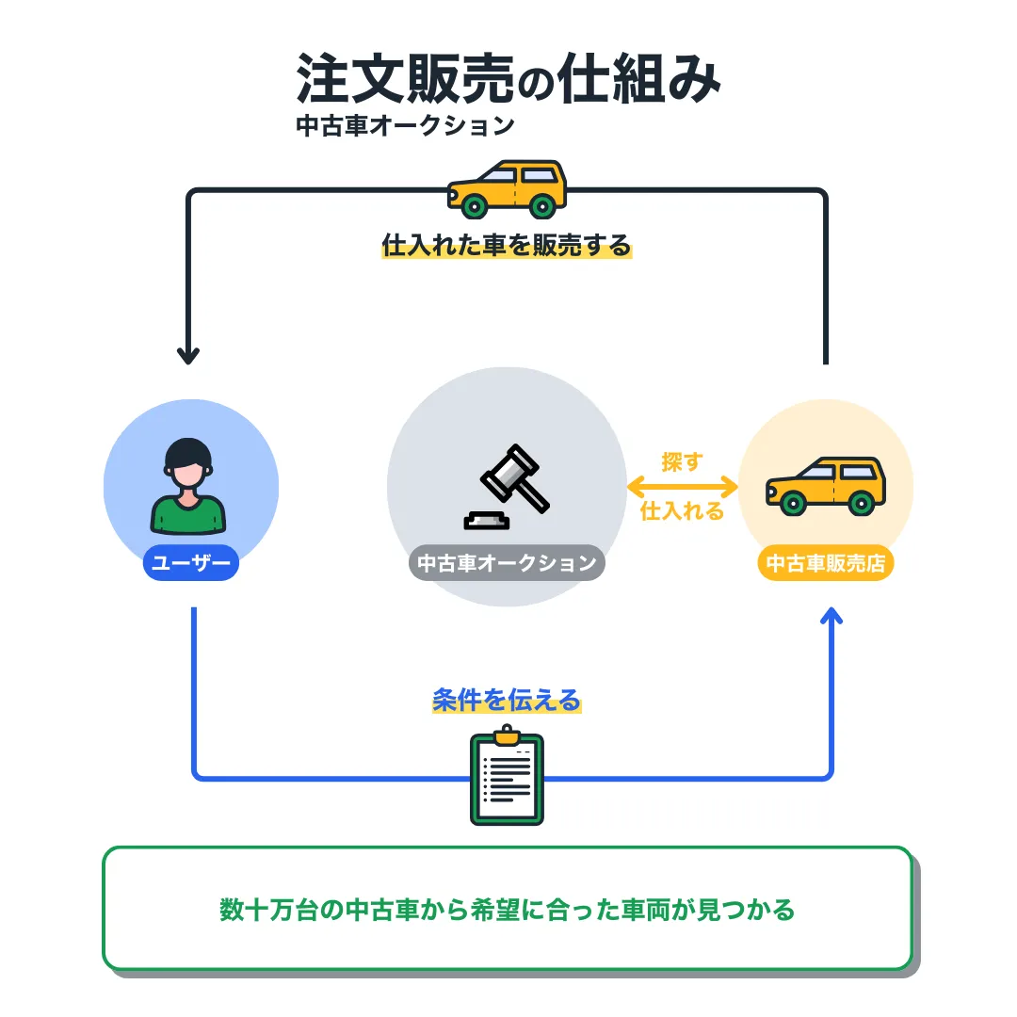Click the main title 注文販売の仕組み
click(508, 79)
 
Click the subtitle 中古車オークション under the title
click(406, 126)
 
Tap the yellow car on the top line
click(507, 188)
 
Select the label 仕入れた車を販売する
click(507, 246)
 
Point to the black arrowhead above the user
click(189, 356)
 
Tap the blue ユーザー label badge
click(191, 564)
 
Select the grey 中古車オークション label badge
click(507, 563)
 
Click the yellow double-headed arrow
click(683, 487)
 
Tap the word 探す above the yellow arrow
click(683, 462)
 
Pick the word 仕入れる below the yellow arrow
click(683, 512)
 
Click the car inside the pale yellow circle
click(826, 485)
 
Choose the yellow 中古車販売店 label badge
click(826, 563)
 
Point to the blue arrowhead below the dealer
click(831, 617)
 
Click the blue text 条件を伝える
click(507, 701)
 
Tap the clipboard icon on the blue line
click(507, 778)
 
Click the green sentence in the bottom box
click(507, 911)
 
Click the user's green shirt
click(189, 515)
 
